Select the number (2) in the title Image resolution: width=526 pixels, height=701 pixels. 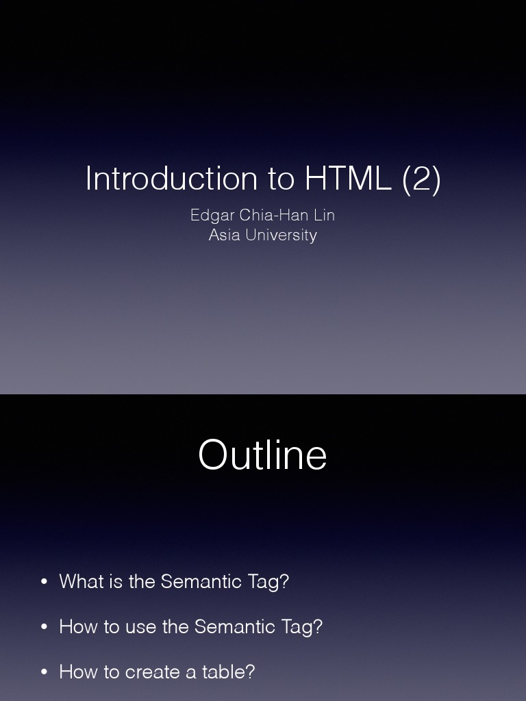[421, 179]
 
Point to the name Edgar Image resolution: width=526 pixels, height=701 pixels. [212, 215]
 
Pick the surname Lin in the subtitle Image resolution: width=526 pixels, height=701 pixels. [324, 215]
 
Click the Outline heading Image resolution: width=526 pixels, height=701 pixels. [262, 455]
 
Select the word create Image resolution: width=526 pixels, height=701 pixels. [154, 672]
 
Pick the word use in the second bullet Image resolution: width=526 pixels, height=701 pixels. [141, 627]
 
